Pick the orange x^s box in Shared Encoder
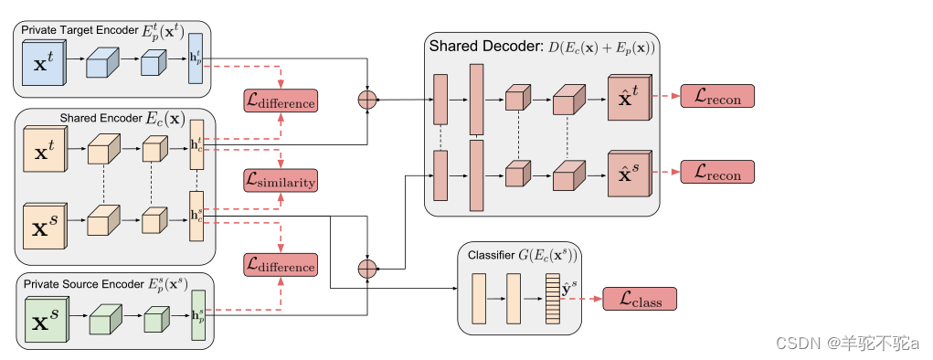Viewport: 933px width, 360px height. click(x=42, y=223)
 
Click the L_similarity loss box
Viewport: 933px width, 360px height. click(x=280, y=179)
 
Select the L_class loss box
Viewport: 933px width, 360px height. click(x=639, y=299)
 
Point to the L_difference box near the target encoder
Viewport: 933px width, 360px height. click(x=280, y=101)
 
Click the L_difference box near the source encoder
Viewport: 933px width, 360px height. click(x=280, y=265)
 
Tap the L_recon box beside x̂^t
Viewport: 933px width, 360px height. click(x=717, y=96)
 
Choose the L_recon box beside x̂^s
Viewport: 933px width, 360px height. click(x=717, y=171)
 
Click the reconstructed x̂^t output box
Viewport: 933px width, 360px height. click(x=630, y=97)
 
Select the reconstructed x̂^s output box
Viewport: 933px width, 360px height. click(x=630, y=172)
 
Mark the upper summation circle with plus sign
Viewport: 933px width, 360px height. click(x=366, y=100)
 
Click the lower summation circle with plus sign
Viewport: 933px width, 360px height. click(x=366, y=268)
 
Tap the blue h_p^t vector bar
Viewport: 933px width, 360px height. click(x=196, y=59)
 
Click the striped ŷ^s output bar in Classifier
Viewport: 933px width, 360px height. click(x=551, y=299)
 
